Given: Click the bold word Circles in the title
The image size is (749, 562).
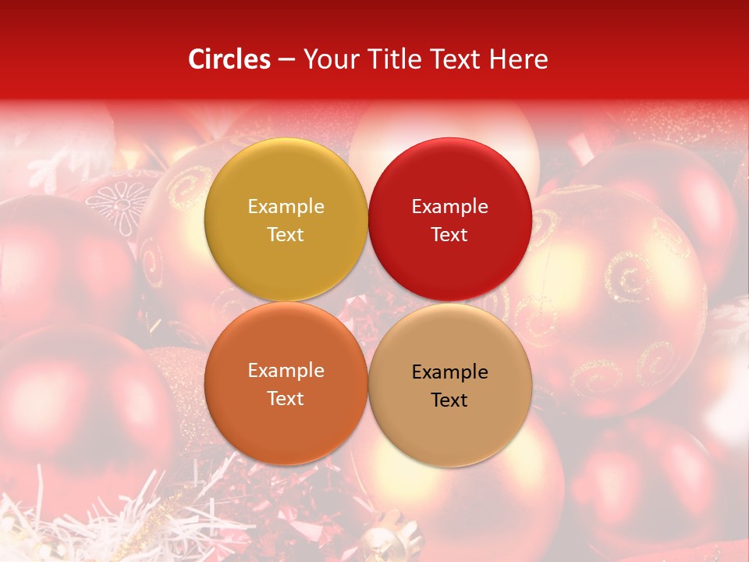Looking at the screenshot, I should (x=229, y=59).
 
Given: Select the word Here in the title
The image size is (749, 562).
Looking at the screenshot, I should (x=518, y=59).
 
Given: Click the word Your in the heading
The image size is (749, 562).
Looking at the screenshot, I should (x=331, y=59).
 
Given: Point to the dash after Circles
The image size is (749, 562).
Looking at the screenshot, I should (x=286, y=60).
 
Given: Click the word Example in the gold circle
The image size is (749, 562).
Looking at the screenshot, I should (x=286, y=207).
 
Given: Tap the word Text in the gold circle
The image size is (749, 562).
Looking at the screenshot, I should (x=286, y=235).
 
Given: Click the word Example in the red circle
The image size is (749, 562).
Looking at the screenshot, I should (x=449, y=207).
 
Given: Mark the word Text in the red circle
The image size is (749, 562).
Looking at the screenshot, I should (x=449, y=235).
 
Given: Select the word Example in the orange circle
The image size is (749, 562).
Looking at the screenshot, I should (x=286, y=371).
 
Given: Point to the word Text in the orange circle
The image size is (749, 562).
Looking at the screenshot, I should (x=286, y=399).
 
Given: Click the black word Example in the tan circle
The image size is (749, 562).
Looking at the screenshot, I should (x=449, y=372).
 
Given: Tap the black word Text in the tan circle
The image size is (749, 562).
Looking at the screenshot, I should (x=449, y=400).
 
